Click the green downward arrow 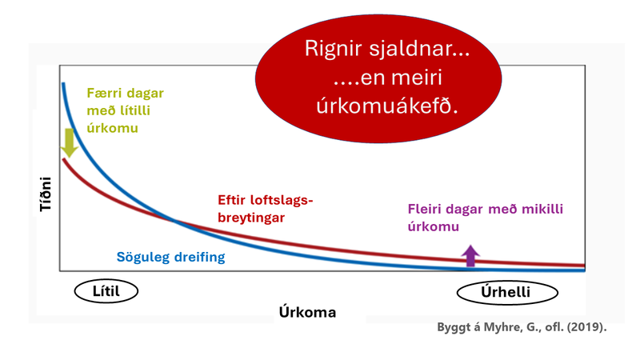(69, 142)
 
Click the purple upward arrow (470, 254)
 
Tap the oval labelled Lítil (106, 291)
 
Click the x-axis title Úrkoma (307, 312)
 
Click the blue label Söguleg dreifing (166, 257)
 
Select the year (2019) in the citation (586, 329)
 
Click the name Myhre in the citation (487, 329)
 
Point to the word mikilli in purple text (538, 210)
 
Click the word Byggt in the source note (453, 329)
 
